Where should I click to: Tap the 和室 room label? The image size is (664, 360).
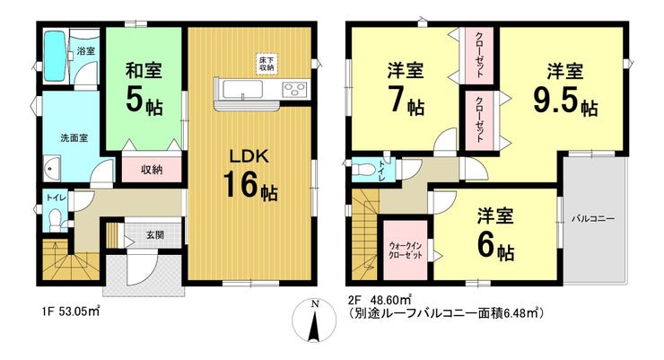click(144, 70)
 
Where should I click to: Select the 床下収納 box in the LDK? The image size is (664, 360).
click(266, 64)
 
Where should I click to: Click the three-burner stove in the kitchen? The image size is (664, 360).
click(294, 89)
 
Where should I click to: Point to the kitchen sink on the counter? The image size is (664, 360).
click(242, 89)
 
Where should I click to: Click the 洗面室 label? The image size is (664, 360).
click(74, 138)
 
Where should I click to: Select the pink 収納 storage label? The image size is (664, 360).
click(152, 170)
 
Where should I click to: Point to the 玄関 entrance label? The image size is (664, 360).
click(155, 234)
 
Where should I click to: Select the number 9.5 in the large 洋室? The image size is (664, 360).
click(555, 101)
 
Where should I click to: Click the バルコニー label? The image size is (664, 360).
click(593, 219)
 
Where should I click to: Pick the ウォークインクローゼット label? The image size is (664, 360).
click(406, 250)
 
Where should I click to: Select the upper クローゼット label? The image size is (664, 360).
click(480, 55)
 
